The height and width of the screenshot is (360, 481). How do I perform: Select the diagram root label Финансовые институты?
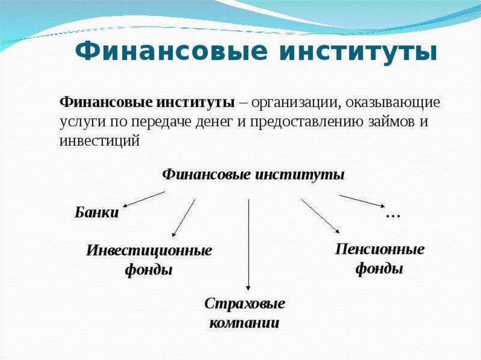[254, 175]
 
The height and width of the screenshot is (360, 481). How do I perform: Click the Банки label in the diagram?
[96, 212]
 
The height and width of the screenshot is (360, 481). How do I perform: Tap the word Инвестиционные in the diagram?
[149, 250]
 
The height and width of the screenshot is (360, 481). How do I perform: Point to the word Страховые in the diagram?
[245, 303]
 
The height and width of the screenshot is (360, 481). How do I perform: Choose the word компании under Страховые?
[244, 323]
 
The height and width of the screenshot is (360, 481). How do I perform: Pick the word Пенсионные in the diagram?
[380, 249]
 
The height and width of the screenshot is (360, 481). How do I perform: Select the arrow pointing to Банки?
[144, 199]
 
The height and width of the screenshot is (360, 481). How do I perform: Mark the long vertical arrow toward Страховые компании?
[248, 244]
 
